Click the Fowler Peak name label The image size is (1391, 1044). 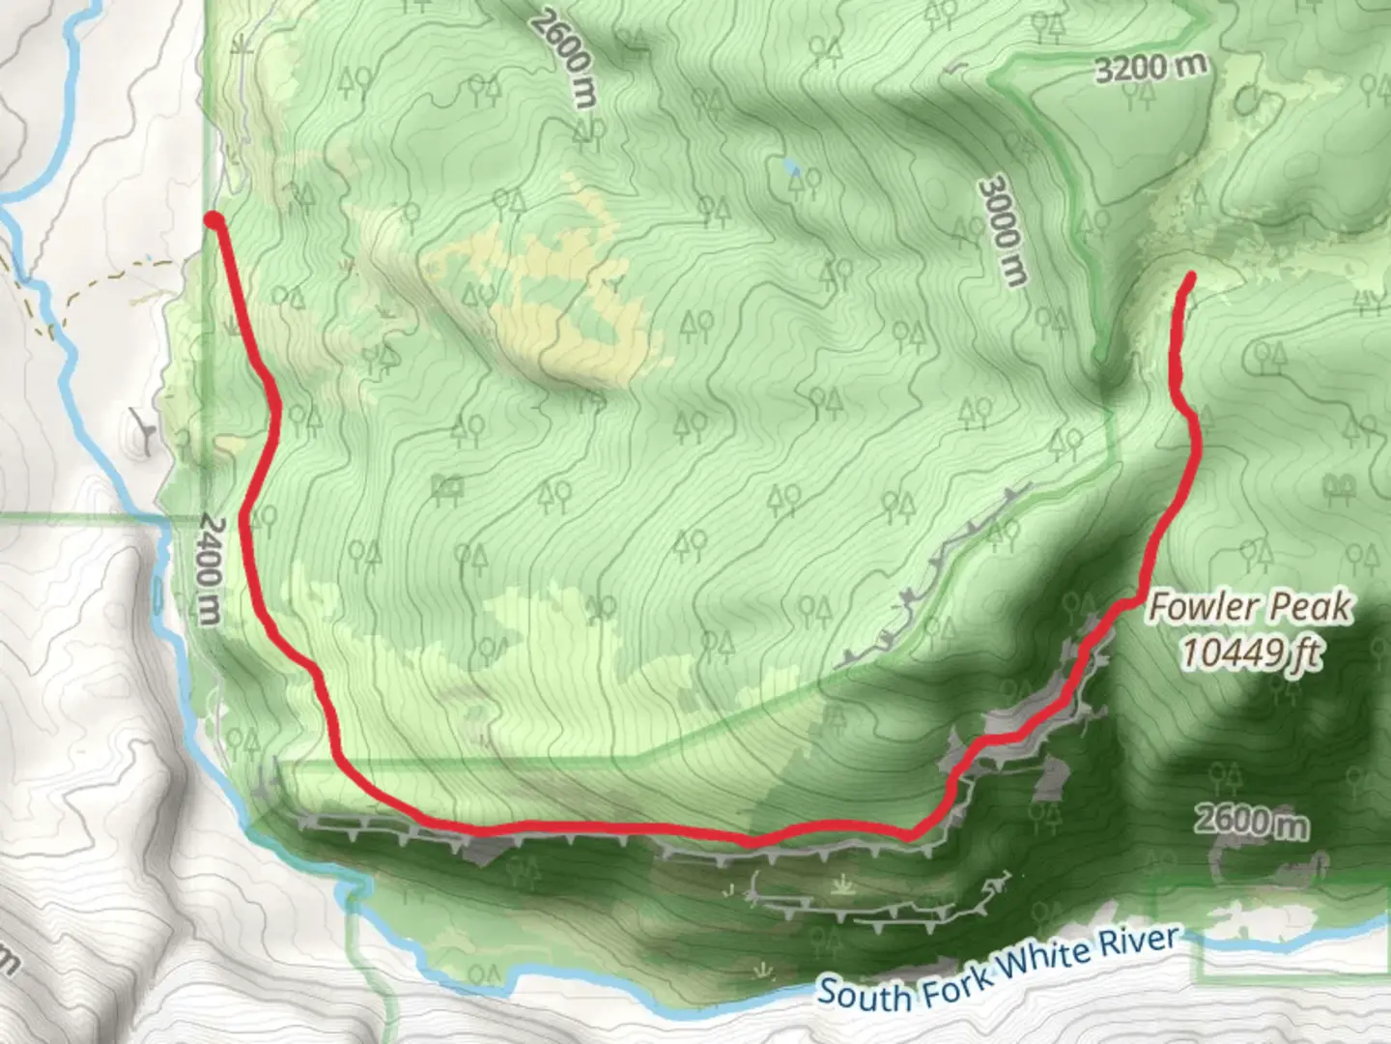(1250, 608)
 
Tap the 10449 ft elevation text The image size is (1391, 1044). (1251, 653)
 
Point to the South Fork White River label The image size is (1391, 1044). (1000, 967)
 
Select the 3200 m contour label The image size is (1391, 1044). (1150, 68)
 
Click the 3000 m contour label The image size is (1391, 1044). (1001, 231)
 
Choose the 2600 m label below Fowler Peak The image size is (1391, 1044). (1251, 822)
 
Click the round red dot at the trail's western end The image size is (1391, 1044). (213, 222)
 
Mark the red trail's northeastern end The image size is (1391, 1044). (1190, 278)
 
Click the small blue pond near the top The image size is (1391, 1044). (792, 167)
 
